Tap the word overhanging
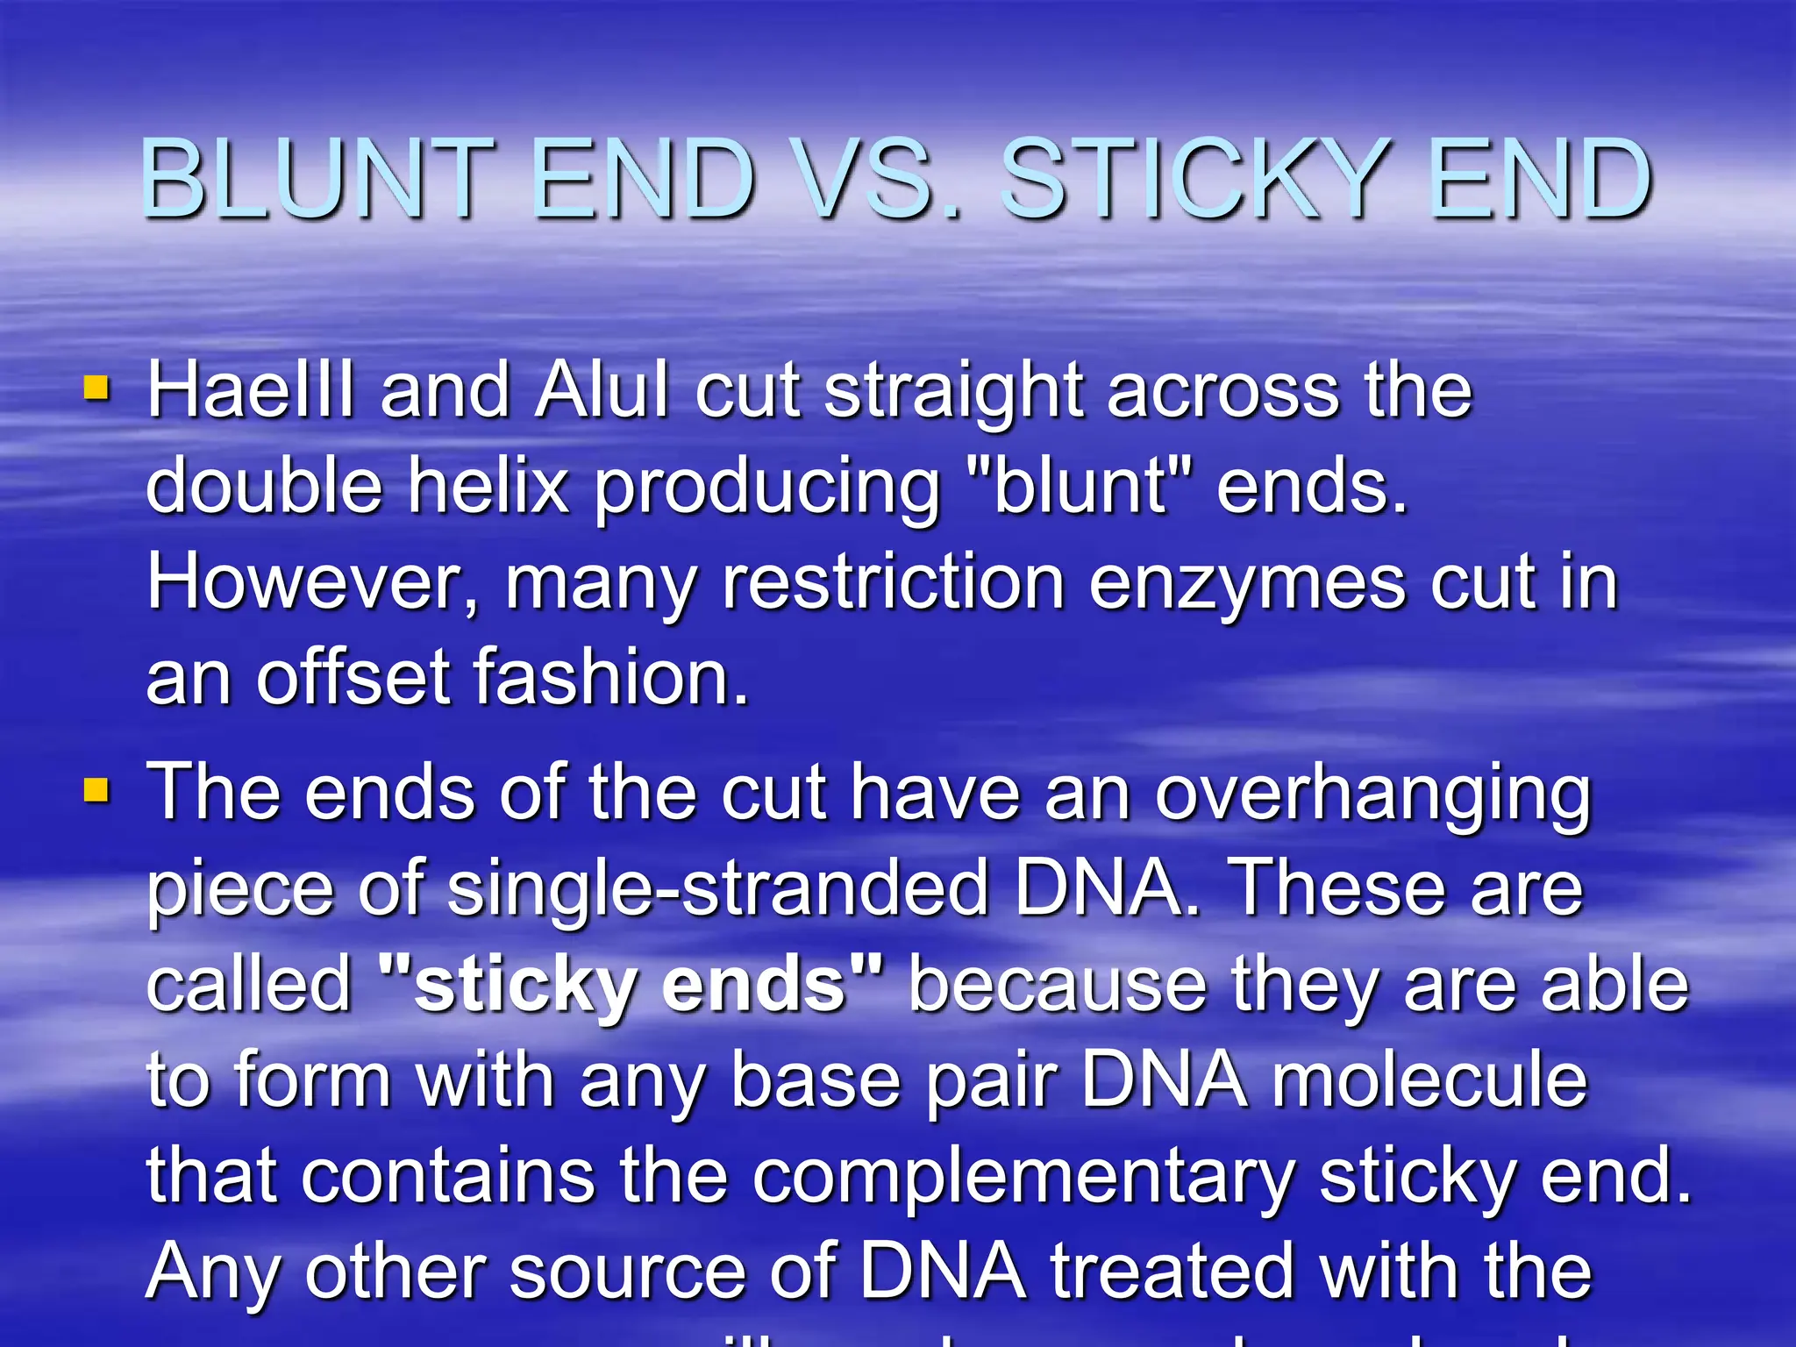pos(1372,796)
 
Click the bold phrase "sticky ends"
pos(630,986)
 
